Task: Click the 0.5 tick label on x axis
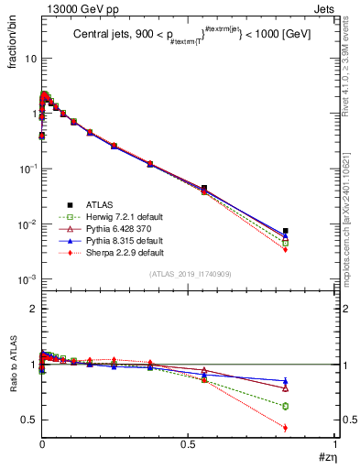pos(188,443)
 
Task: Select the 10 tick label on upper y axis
pos(29,58)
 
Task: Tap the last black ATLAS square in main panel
pos(286,231)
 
